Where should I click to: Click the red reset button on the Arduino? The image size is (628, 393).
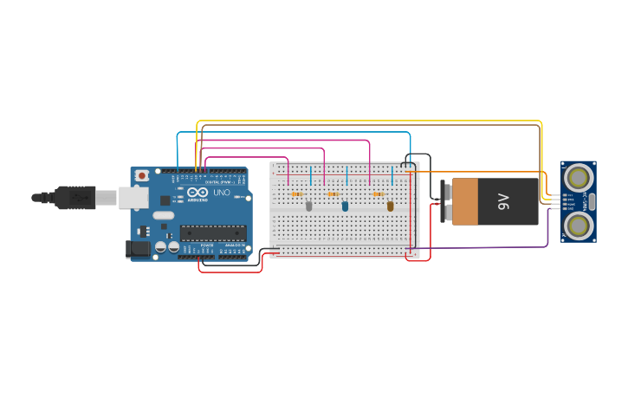[142, 175]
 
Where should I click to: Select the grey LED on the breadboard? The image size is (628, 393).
[308, 206]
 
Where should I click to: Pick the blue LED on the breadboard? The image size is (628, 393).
[345, 206]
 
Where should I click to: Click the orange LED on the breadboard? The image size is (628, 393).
[390, 206]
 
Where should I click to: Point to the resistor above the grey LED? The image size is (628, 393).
[297, 193]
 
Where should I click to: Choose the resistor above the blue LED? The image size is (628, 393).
[333, 193]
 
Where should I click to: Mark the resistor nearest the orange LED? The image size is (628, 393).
[379, 193]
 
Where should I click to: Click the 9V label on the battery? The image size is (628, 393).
[504, 201]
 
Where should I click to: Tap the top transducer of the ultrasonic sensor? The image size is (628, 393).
[577, 178]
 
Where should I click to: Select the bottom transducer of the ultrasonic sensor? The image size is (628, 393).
[577, 225]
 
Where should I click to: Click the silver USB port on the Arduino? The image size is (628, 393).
[133, 198]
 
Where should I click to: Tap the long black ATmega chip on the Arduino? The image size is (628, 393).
[213, 233]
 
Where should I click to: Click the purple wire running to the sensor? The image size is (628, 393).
[485, 248]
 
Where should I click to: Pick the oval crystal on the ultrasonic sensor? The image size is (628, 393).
[592, 201]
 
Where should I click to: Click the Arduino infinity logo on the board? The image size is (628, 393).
[197, 193]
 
